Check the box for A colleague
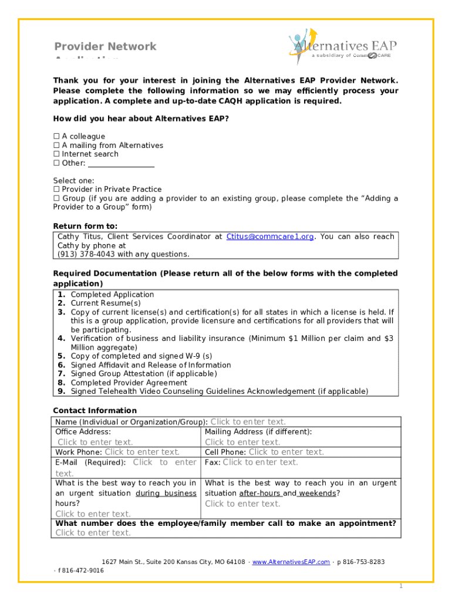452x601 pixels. tap(57, 137)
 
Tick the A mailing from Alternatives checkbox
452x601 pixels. tap(57, 146)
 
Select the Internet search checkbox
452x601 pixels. tap(57, 154)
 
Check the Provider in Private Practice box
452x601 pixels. tap(57, 190)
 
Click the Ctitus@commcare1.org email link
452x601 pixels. tap(270, 237)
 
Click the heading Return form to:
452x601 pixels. tap(85, 226)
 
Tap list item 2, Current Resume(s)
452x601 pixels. tap(106, 303)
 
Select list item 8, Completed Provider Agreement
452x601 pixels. tap(129, 383)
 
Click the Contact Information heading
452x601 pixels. tap(95, 411)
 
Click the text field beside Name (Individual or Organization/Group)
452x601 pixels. tap(248, 422)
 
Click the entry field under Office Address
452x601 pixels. tap(95, 443)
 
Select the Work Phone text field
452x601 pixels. tap(142, 452)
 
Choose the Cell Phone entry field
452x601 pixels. tap(286, 452)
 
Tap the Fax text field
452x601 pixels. tap(260, 462)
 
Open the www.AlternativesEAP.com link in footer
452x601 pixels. tap(291, 562)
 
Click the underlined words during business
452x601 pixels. tap(166, 494)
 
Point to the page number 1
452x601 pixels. tap(400, 586)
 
